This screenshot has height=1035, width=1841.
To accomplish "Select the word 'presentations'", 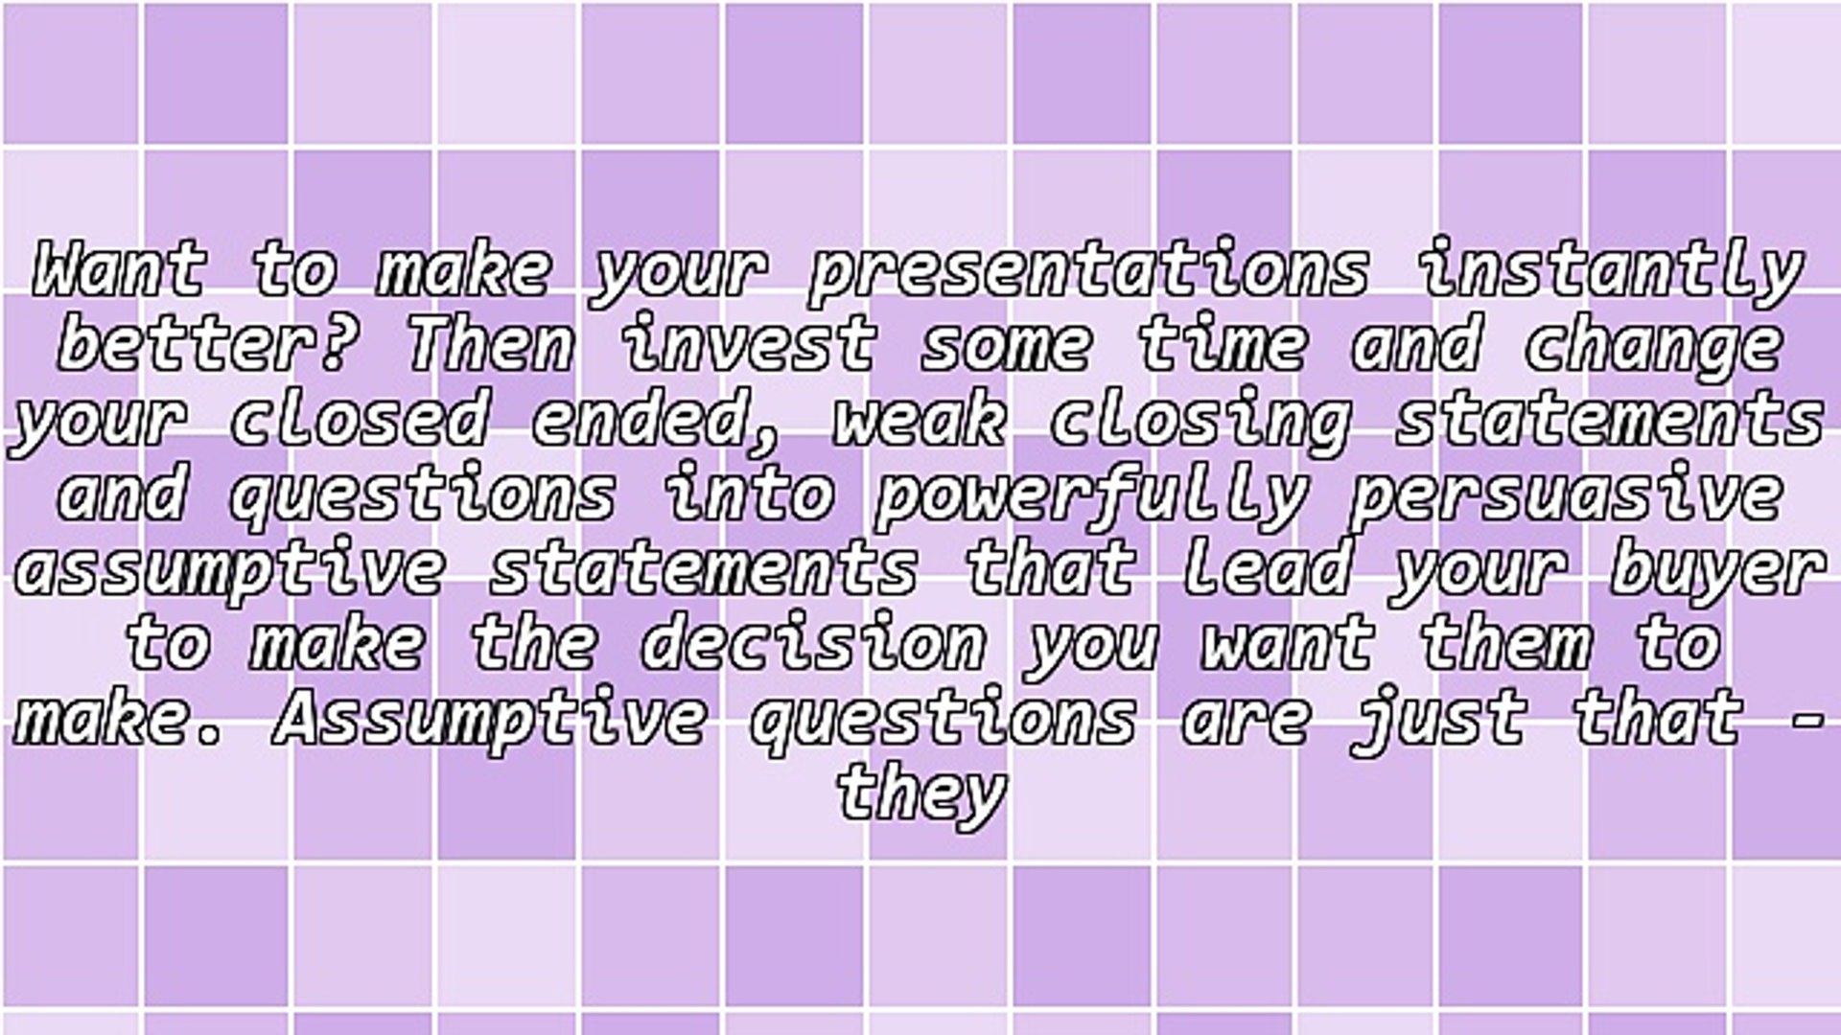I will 1088,271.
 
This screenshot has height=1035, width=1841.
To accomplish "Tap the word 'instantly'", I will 1611,271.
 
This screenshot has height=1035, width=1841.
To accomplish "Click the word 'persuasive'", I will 1566,494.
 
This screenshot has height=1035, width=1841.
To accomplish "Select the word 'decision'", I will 812,644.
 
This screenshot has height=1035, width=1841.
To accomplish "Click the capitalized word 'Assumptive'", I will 489,719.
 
